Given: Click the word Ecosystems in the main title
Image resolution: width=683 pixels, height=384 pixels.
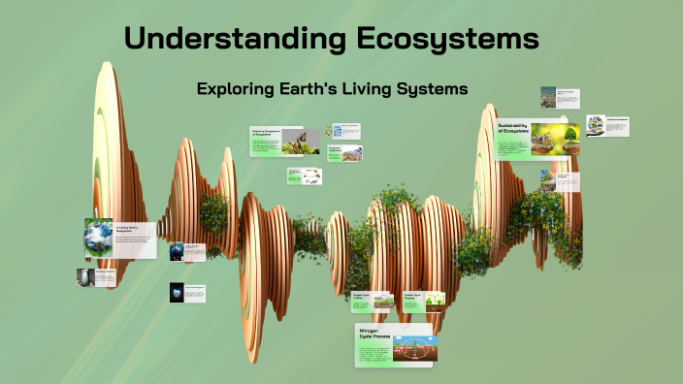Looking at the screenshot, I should coord(447,40).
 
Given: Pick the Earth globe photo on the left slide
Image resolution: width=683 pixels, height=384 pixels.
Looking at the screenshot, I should coord(98,238).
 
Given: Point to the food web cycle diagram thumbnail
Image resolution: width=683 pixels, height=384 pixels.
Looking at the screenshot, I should coord(309,176).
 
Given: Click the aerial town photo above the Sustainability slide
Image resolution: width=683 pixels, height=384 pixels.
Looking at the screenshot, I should coord(549,97).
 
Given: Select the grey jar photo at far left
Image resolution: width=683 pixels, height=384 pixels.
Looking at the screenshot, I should coord(86,277).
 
